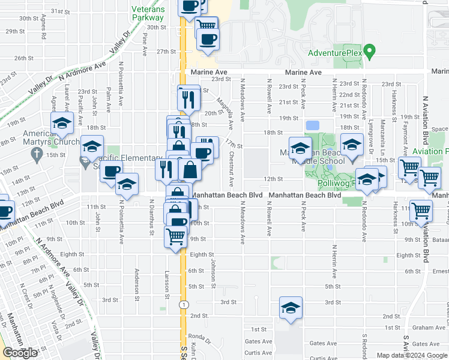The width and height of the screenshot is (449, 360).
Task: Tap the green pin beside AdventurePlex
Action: click(x=370, y=50)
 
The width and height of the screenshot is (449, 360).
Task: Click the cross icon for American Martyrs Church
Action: click(x=37, y=153)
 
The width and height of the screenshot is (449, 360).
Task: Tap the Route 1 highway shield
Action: click(x=181, y=305)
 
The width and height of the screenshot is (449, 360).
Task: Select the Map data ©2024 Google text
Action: click(x=412, y=355)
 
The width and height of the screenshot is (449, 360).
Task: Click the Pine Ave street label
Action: click(x=145, y=44)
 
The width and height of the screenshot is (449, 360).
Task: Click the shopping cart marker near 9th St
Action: click(x=175, y=236)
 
